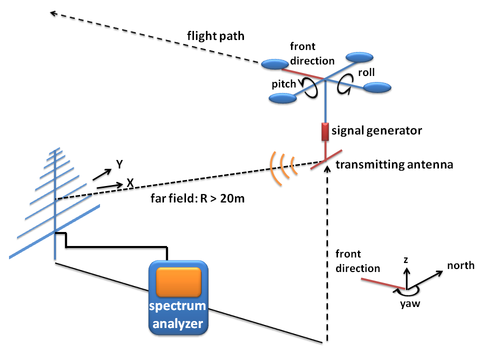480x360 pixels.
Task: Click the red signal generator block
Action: click(x=325, y=132)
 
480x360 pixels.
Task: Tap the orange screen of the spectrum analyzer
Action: click(x=179, y=282)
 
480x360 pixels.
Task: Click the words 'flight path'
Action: click(x=216, y=36)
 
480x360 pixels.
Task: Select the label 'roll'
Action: click(x=366, y=72)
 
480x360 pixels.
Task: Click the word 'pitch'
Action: click(x=284, y=84)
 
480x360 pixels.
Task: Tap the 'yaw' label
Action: click(x=410, y=304)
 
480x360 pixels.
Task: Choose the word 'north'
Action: click(x=460, y=265)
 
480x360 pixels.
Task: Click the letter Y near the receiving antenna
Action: click(x=119, y=164)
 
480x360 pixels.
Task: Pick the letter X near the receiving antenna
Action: click(x=130, y=183)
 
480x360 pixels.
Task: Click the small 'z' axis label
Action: click(x=406, y=260)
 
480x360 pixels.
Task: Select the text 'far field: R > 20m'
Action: click(x=197, y=198)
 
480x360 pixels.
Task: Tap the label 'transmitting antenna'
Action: click(x=394, y=164)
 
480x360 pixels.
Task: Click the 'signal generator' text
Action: click(x=377, y=130)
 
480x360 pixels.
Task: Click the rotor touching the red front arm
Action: click(x=275, y=64)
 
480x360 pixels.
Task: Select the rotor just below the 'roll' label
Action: click(x=377, y=87)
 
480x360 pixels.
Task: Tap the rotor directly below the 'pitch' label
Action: click(x=283, y=98)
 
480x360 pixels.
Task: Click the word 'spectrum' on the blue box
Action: click(x=177, y=306)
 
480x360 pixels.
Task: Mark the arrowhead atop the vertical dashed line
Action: click(x=327, y=168)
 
